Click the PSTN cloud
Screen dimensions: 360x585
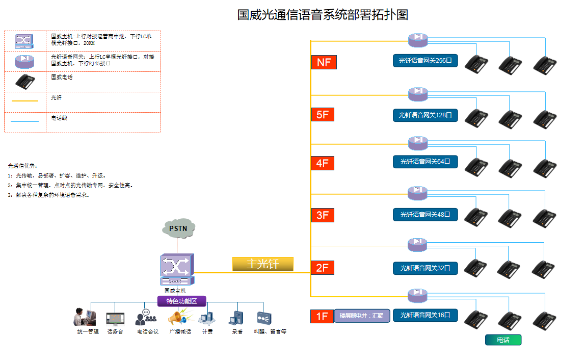tap(178, 228)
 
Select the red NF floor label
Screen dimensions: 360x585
tap(324, 62)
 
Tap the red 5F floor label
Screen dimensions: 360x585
tap(323, 114)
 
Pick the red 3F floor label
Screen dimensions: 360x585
tap(323, 215)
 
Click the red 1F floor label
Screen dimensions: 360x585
tap(322, 316)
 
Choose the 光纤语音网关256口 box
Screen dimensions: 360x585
tap(425, 61)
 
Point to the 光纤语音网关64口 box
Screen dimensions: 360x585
tap(425, 162)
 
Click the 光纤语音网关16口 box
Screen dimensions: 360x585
tap(425, 315)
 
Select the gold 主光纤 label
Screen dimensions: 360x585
tap(263, 264)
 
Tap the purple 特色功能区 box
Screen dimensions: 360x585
tap(182, 301)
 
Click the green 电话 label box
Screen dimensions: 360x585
tap(503, 340)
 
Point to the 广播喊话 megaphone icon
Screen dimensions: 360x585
tap(178, 319)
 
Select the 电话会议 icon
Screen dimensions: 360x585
tap(146, 318)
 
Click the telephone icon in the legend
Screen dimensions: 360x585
tap(24, 82)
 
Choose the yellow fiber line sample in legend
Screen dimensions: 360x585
tap(24, 101)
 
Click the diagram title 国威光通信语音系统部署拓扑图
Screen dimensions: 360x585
tap(323, 14)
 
